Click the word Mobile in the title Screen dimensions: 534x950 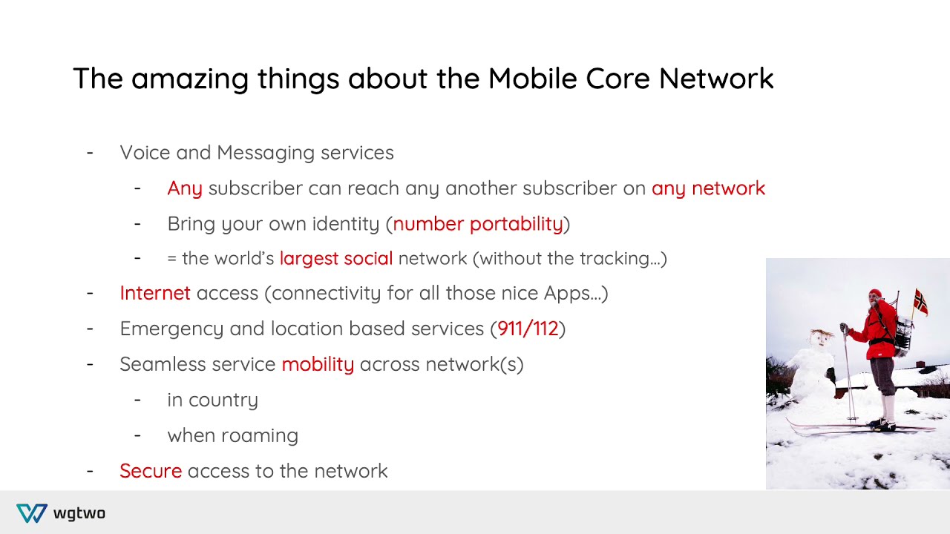coord(532,79)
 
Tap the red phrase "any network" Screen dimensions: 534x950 coord(708,188)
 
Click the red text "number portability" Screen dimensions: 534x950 coord(478,224)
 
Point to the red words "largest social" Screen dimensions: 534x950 coord(335,258)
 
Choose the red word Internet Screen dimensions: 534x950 coord(155,293)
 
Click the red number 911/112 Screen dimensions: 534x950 coord(528,329)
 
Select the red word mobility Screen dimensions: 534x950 coord(318,364)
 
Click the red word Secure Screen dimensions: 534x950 coord(151,471)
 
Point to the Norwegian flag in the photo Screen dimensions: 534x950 coord(920,302)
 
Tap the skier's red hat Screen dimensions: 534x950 coord(875,294)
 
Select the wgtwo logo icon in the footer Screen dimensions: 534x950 coord(32,513)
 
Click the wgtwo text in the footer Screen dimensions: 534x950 coord(79,513)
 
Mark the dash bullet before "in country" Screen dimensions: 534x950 coord(137,400)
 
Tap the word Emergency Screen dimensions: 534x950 coord(171,329)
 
